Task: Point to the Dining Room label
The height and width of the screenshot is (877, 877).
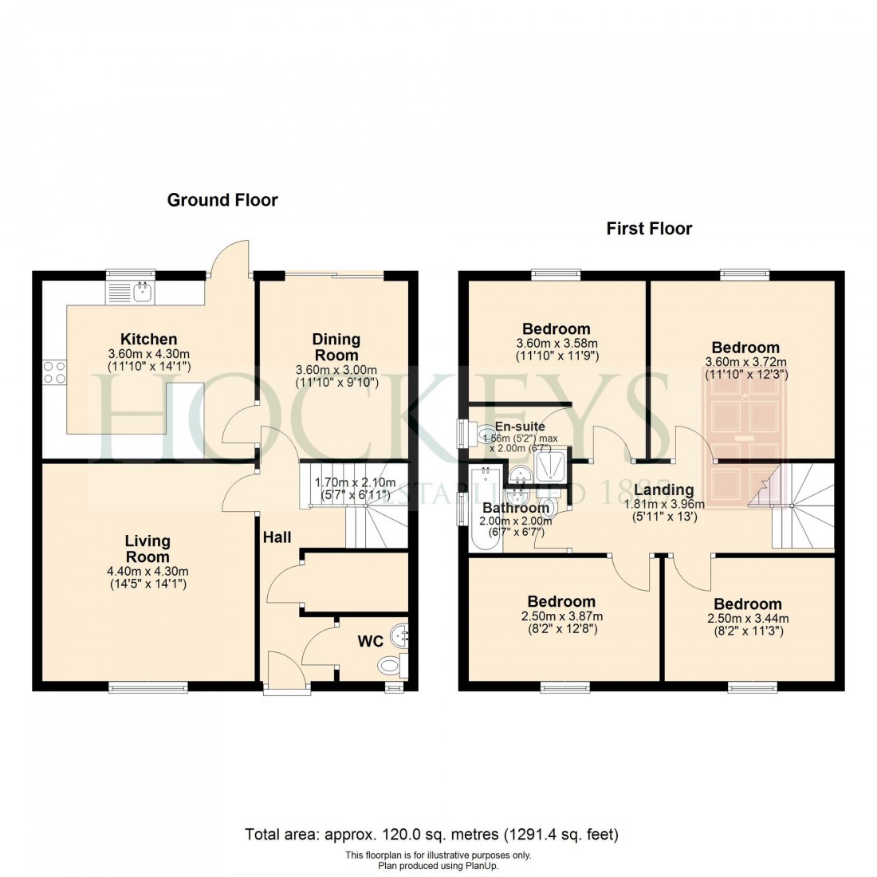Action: [x=336, y=347]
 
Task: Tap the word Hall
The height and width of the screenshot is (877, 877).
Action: [x=277, y=537]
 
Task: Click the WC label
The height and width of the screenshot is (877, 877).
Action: [x=371, y=641]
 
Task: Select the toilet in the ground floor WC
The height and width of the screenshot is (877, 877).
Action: [x=391, y=663]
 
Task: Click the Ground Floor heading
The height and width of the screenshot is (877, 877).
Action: [x=222, y=200]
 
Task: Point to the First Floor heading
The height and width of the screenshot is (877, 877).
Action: [x=649, y=229]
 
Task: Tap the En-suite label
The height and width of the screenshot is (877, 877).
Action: [x=520, y=427]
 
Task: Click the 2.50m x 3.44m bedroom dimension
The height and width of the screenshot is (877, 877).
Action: [x=748, y=619]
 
